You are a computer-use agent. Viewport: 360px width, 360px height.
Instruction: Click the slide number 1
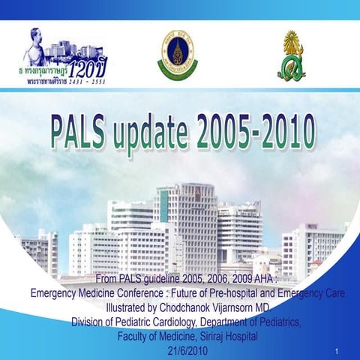(x=339, y=351)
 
